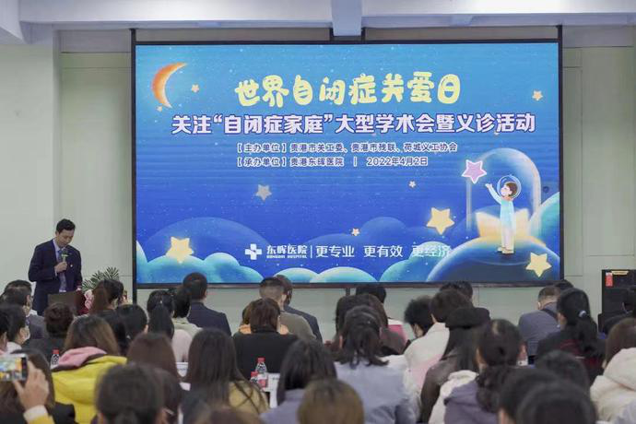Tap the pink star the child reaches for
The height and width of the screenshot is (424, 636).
point(474,171)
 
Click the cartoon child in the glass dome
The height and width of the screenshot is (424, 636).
point(505,212)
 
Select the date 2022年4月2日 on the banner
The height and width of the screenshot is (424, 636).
point(396,161)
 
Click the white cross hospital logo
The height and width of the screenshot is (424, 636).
point(253,251)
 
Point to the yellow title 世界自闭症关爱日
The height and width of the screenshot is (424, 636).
point(347,90)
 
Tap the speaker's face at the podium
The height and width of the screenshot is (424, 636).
point(65,230)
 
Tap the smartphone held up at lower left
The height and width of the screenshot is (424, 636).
point(13,368)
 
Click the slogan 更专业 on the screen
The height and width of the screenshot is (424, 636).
point(335,251)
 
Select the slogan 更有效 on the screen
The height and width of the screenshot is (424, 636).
point(383,251)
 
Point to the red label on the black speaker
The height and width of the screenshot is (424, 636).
point(608,278)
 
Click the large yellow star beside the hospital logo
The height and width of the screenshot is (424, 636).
point(179,249)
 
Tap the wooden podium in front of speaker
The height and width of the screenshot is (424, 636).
point(65,299)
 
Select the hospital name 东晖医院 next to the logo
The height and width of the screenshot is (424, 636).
point(286,251)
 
